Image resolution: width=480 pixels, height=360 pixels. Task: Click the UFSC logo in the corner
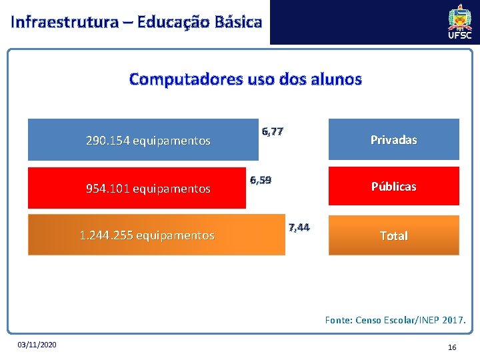pyautogui.click(x=459, y=22)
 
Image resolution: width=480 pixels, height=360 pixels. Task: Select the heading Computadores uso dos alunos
pyautogui.click(x=245, y=79)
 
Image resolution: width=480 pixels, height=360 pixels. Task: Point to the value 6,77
pyautogui.click(x=272, y=131)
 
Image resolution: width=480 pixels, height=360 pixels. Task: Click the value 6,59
pyautogui.click(x=260, y=180)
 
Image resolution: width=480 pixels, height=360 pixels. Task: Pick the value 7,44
pyautogui.click(x=299, y=227)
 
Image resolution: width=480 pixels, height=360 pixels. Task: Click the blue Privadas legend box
pyautogui.click(x=393, y=140)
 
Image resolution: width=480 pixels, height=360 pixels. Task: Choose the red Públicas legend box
pyautogui.click(x=393, y=187)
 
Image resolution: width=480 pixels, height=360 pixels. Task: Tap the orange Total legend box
pyautogui.click(x=393, y=236)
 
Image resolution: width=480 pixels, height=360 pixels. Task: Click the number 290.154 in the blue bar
pyautogui.click(x=108, y=141)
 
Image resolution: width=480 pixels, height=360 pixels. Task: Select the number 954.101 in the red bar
pyautogui.click(x=108, y=189)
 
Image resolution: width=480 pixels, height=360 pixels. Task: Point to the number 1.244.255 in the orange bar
pyautogui.click(x=105, y=235)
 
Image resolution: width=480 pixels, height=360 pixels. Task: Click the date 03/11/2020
pyautogui.click(x=37, y=344)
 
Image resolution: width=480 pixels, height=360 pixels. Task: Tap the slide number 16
pyautogui.click(x=452, y=347)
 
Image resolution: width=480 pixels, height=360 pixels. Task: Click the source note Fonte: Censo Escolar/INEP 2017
pyautogui.click(x=395, y=320)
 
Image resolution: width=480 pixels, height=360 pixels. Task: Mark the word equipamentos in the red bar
pyautogui.click(x=171, y=189)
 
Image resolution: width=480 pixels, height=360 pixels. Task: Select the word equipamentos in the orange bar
pyautogui.click(x=175, y=235)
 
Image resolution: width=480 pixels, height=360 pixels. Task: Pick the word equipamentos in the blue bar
pyautogui.click(x=171, y=141)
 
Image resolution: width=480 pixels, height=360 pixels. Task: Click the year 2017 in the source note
pyautogui.click(x=453, y=320)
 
